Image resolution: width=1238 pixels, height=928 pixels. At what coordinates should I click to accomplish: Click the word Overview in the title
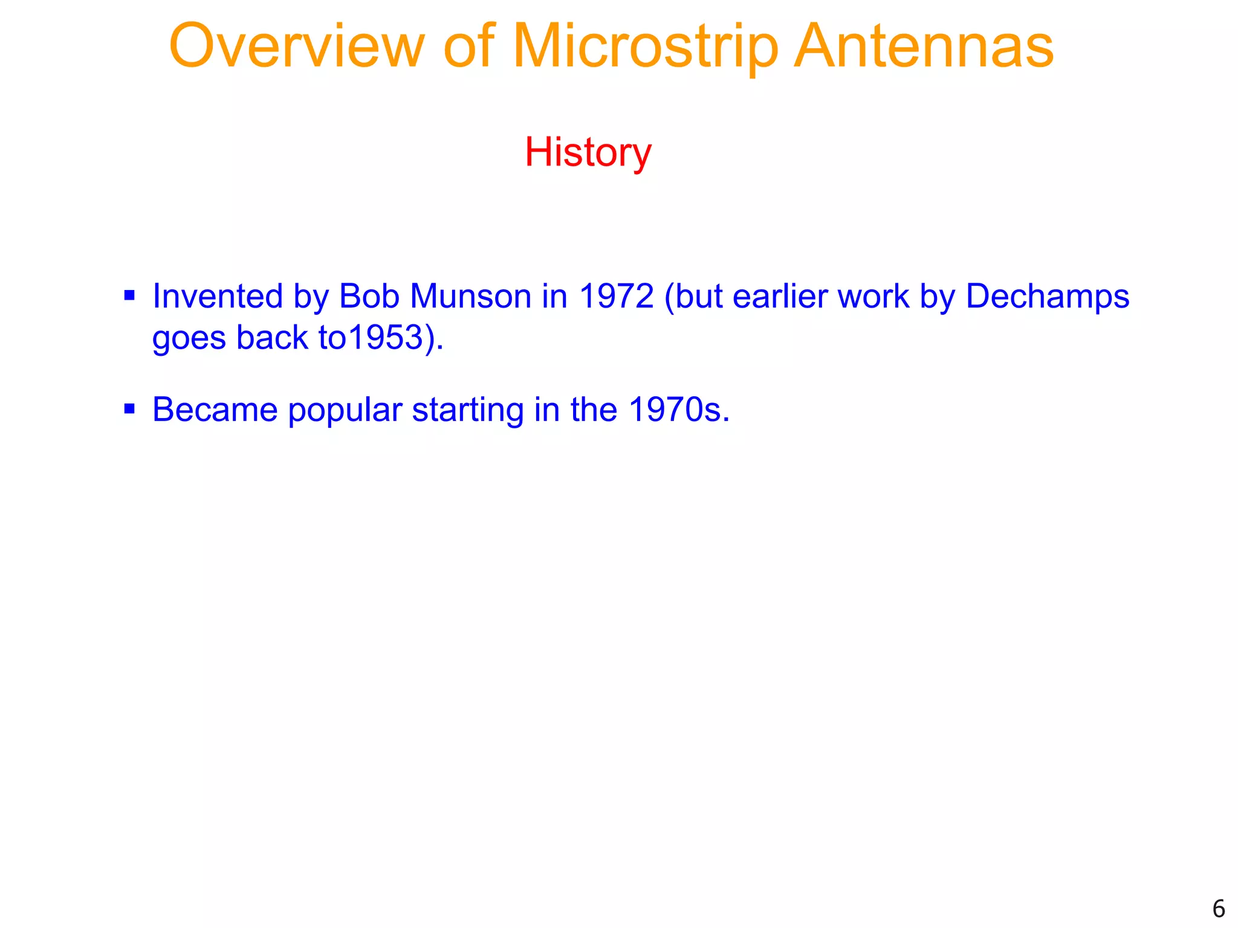point(297,47)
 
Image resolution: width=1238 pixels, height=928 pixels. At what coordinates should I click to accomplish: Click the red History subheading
point(588,152)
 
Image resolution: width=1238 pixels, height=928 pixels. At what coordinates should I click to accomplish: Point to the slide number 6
point(1218,909)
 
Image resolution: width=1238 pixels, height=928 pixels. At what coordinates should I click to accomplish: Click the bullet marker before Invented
point(129,296)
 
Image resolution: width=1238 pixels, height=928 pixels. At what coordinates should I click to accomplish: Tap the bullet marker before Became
point(129,409)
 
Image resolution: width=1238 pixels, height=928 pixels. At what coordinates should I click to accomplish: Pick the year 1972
point(616,297)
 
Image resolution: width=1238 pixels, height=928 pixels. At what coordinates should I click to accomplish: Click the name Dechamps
point(1047,297)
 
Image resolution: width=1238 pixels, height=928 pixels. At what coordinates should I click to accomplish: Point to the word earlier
point(780,297)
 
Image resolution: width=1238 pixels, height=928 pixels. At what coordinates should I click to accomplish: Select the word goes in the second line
point(189,338)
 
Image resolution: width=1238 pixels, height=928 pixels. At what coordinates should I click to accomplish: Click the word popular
point(345,411)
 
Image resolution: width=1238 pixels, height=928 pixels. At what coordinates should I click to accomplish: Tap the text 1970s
point(678,410)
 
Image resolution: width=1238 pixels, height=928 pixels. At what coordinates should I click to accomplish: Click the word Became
point(215,410)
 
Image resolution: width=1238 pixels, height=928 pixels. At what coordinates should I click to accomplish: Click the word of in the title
point(469,47)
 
